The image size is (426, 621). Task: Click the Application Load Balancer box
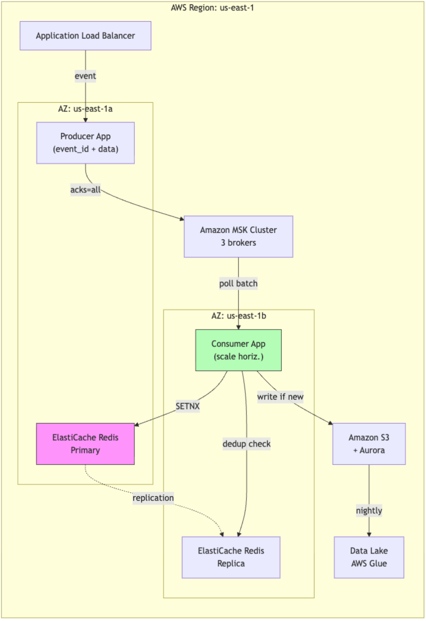click(85, 36)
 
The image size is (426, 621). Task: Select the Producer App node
click(85, 142)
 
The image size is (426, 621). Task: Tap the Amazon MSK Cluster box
click(239, 237)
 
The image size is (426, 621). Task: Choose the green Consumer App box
click(239, 350)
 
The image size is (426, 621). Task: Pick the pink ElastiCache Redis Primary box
click(85, 443)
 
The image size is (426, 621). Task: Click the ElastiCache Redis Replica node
click(231, 557)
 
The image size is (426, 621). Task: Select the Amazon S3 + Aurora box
click(369, 443)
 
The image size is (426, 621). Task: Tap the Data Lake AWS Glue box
click(369, 557)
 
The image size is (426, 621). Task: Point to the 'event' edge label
click(85, 76)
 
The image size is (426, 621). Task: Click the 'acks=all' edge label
click(85, 190)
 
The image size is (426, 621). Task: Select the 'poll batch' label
click(239, 283)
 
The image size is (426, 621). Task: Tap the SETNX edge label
click(187, 406)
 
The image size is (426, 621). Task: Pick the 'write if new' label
click(281, 397)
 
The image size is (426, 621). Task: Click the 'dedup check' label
click(247, 444)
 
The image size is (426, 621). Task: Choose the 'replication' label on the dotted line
click(153, 498)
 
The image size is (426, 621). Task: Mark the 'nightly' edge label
click(369, 510)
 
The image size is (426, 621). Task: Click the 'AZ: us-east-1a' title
click(85, 108)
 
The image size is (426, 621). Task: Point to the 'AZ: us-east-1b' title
click(239, 316)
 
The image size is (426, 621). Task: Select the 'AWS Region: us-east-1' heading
click(212, 7)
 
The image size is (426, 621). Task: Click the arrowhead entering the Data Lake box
click(369, 534)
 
